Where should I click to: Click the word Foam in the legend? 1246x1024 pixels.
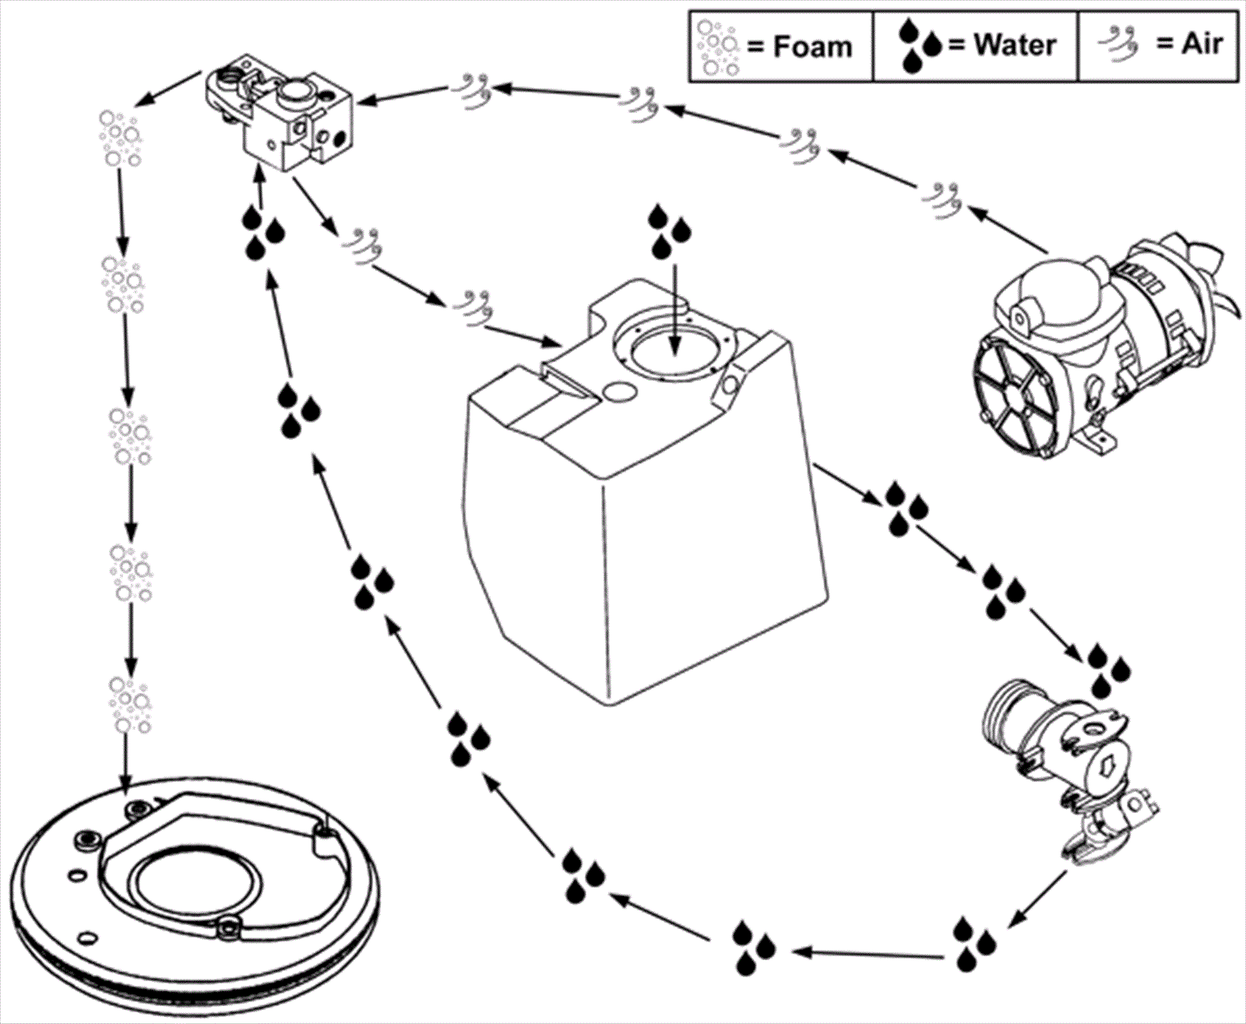(812, 46)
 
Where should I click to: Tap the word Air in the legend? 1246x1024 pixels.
(1202, 44)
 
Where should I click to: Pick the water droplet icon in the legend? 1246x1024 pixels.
(920, 46)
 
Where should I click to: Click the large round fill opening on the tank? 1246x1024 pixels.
(674, 347)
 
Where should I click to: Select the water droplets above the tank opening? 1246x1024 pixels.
(669, 231)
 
